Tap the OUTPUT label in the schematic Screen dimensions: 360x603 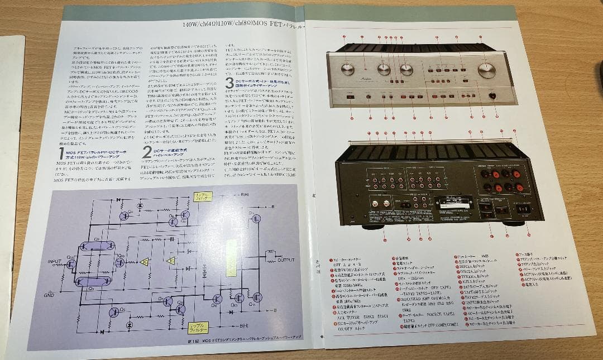(x=285, y=260)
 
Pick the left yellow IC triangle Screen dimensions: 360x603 (x=145, y=262)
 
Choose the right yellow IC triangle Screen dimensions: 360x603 (x=171, y=260)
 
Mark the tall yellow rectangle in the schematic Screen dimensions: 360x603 (x=231, y=262)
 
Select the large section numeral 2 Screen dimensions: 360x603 (x=146, y=151)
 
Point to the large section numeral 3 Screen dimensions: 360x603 (x=229, y=84)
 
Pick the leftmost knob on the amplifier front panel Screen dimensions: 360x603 (x=347, y=70)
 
